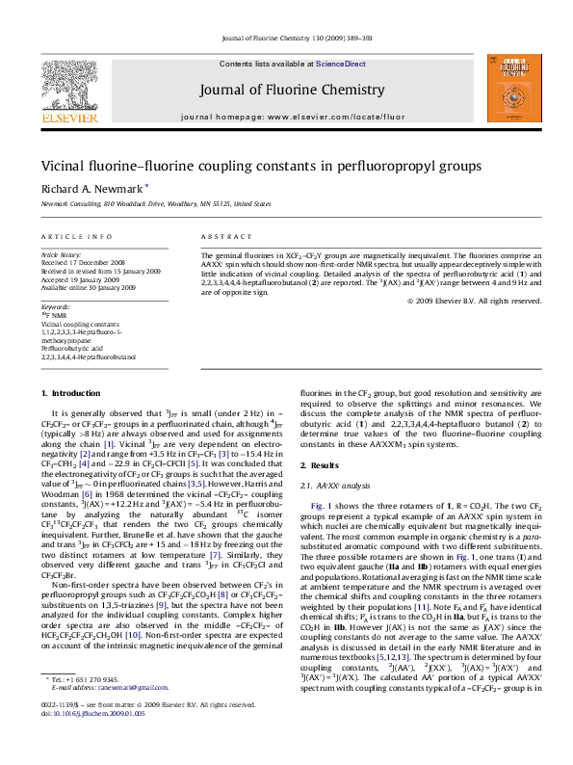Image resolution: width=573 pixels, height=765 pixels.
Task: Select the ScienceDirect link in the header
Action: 341,64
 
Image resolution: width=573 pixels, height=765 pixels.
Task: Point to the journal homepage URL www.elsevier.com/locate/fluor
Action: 343,116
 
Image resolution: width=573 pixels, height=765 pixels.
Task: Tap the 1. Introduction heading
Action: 67,393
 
